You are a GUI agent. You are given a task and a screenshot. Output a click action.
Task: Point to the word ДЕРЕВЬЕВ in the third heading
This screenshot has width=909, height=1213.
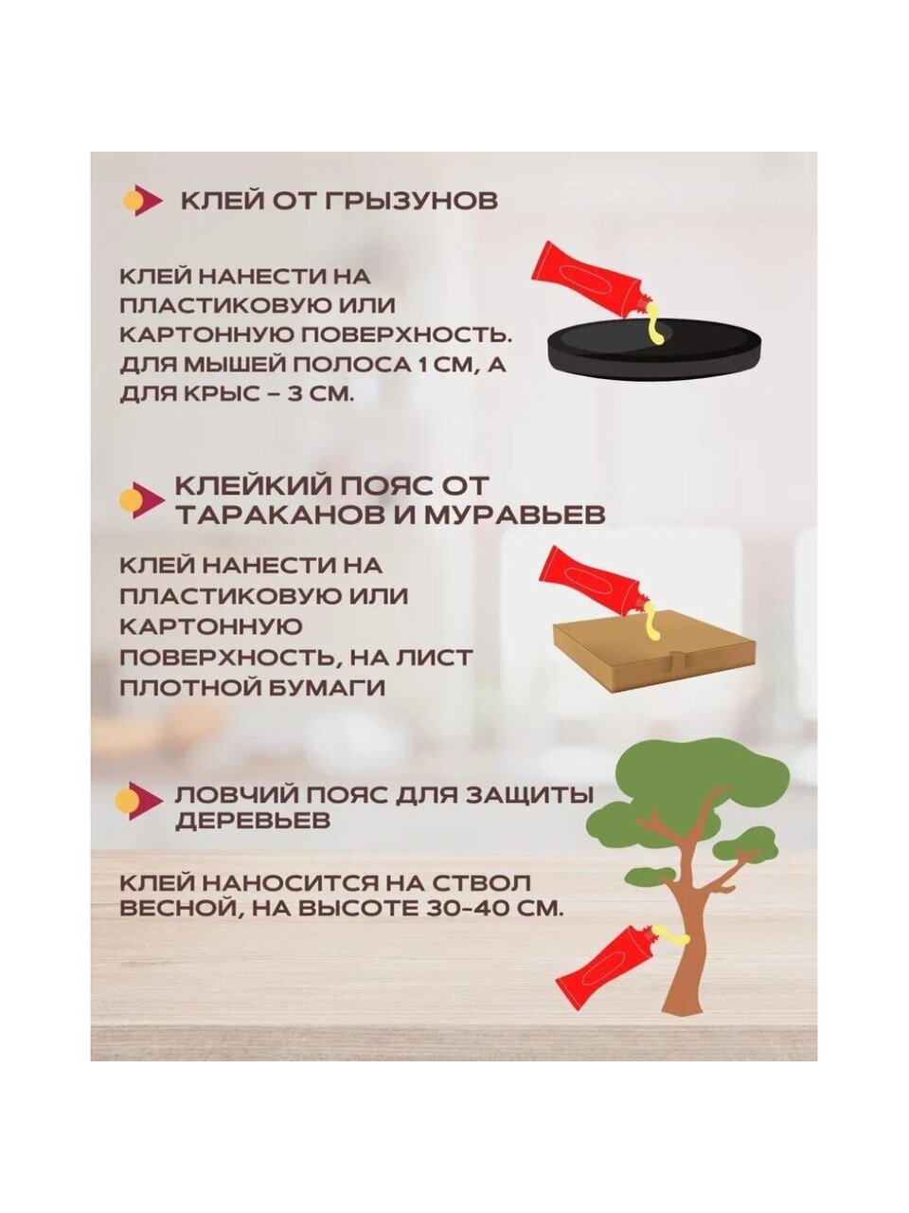click(x=253, y=822)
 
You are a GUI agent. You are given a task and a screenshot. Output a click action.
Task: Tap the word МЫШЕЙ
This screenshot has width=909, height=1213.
click(x=225, y=365)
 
